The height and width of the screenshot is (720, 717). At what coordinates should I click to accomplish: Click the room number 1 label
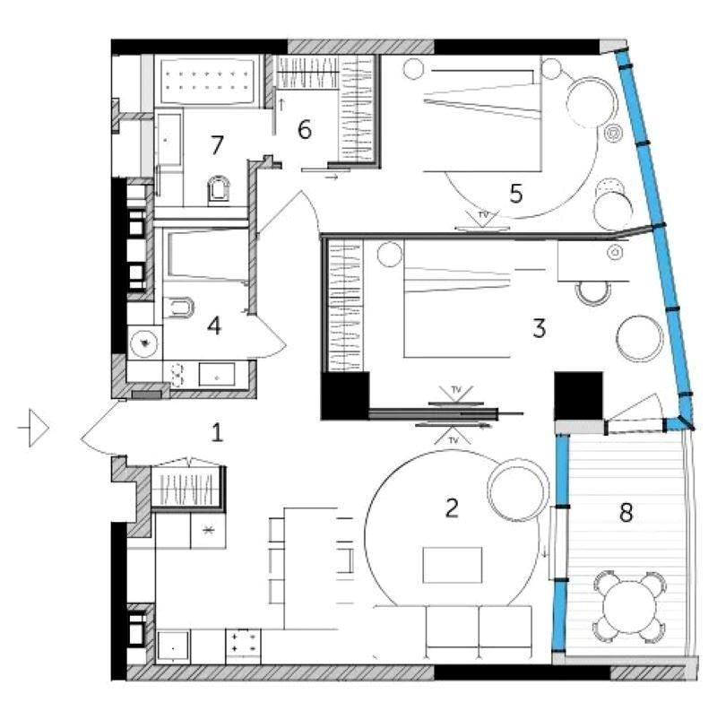pos(217,432)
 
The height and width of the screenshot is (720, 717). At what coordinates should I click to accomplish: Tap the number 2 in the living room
pos(452,507)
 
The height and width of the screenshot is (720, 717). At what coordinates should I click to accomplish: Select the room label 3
pos(540,328)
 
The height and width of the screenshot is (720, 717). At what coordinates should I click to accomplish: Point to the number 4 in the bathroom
pos(214,325)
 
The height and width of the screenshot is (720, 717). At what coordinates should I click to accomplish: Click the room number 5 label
pos(516,194)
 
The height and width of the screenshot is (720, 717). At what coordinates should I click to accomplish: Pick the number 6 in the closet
pos(305,129)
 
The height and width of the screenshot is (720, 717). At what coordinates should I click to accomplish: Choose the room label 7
pos(217,144)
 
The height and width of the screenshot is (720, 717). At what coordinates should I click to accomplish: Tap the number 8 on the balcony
pos(626,513)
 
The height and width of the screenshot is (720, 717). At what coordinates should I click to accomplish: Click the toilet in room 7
pos(218,189)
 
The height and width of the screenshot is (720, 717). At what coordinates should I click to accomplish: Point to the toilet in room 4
pos(178,308)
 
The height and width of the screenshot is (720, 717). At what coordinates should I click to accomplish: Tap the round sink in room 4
pos(144,343)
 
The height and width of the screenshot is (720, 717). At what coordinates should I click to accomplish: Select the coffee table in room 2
pos(452,565)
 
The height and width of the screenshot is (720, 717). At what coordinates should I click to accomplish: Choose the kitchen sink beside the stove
pos(173,647)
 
